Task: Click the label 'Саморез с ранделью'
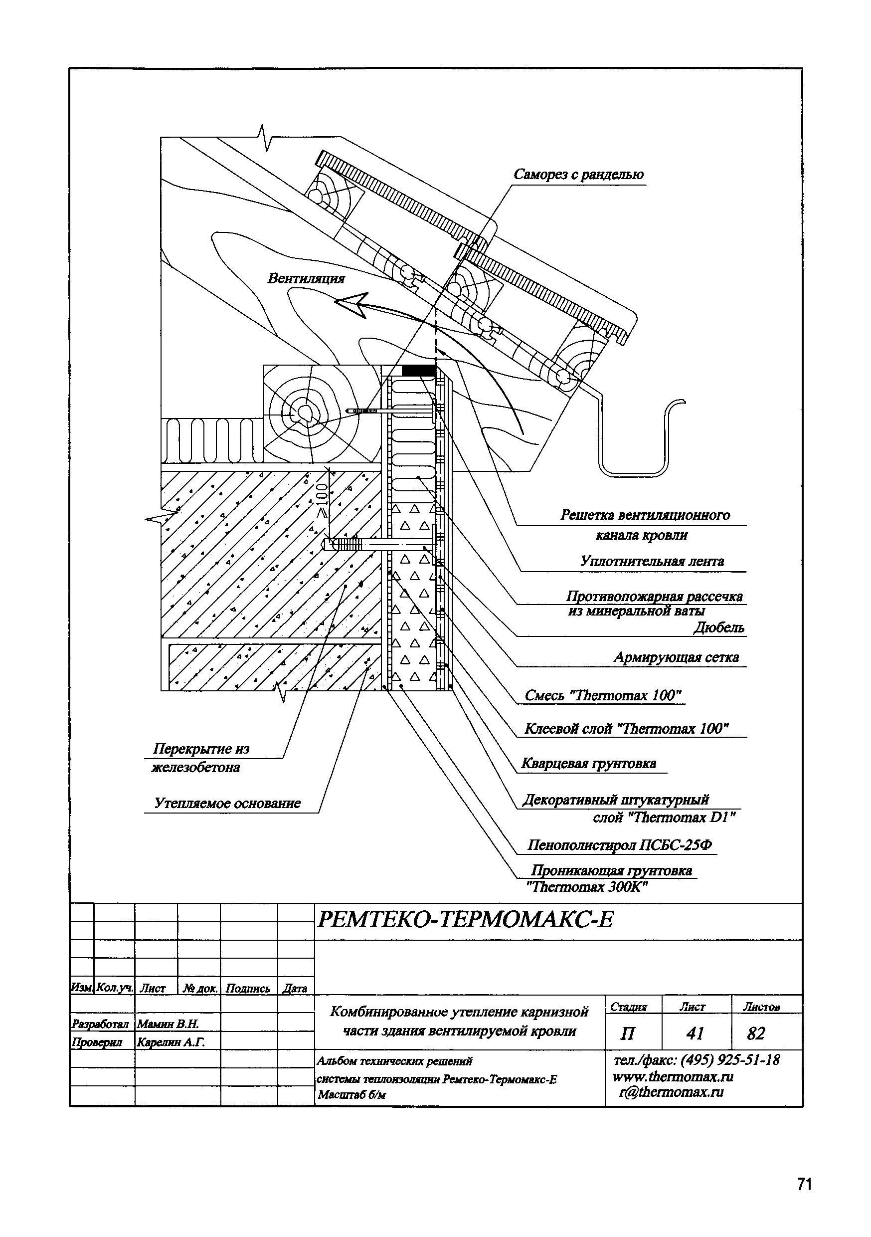(x=578, y=175)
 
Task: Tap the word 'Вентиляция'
(x=306, y=278)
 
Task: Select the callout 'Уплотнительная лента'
(x=652, y=562)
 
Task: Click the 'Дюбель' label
(x=718, y=627)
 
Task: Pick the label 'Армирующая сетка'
(x=676, y=657)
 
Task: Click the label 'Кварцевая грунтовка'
(x=589, y=764)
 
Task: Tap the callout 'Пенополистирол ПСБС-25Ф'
(x=619, y=845)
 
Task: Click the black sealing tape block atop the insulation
(x=418, y=371)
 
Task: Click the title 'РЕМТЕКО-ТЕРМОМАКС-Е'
(x=465, y=920)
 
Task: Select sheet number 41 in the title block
(x=696, y=1033)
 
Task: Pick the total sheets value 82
(x=756, y=1033)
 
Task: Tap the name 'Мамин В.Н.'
(x=168, y=1023)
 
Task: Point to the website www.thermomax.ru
(x=673, y=1077)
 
